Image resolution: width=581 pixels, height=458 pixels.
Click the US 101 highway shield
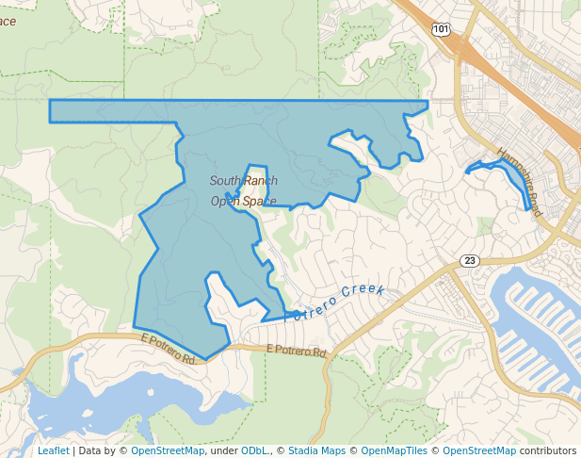(x=442, y=30)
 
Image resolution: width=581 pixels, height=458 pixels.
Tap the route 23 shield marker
(x=470, y=260)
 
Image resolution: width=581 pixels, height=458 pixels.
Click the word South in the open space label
(x=226, y=181)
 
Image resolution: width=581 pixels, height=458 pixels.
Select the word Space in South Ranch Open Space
(x=260, y=201)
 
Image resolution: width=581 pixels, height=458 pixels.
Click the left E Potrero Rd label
(x=168, y=348)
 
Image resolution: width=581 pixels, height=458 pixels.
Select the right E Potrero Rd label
(x=296, y=350)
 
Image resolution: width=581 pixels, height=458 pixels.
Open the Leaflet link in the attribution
(x=53, y=450)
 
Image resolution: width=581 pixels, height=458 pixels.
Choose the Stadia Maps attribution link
(x=316, y=450)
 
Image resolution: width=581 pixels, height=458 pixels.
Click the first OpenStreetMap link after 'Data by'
(x=168, y=450)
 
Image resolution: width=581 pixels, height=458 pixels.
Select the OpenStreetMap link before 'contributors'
(x=479, y=450)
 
